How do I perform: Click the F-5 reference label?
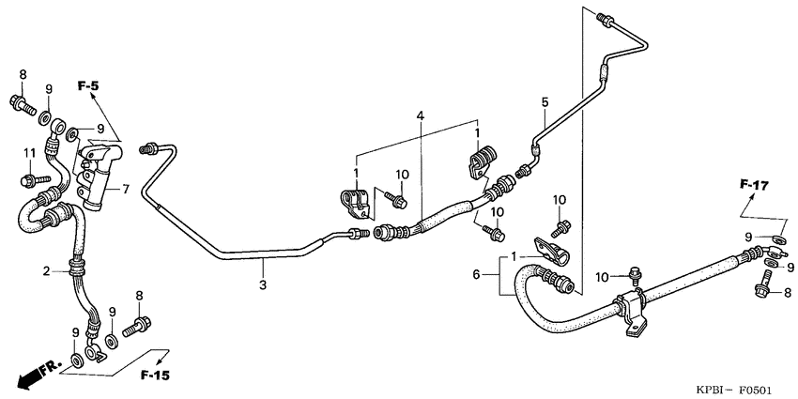88,86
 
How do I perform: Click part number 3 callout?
263,284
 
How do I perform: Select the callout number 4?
422,115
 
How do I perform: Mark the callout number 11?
29,153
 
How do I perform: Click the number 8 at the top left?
23,74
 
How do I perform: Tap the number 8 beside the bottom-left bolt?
139,297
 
